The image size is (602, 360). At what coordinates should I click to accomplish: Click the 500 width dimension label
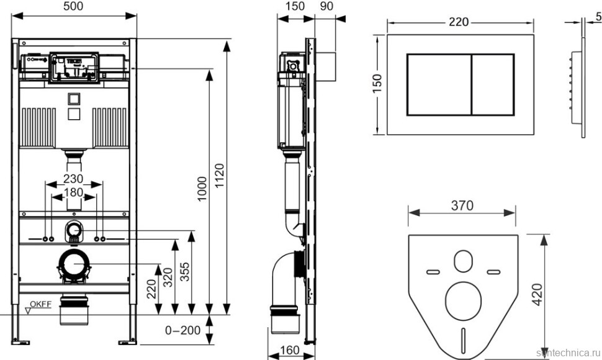(74, 6)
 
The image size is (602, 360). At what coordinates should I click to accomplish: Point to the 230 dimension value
(74, 178)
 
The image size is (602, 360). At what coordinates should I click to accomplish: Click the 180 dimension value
(74, 193)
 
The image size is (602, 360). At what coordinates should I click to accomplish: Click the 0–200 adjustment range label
(183, 330)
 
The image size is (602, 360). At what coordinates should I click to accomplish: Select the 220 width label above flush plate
(459, 21)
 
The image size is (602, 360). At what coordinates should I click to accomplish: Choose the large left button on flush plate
(439, 84)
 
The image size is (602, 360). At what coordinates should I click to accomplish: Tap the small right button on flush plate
(493, 84)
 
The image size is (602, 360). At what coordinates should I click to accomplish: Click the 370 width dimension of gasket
(462, 205)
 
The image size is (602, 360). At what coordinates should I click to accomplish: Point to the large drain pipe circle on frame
(74, 264)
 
